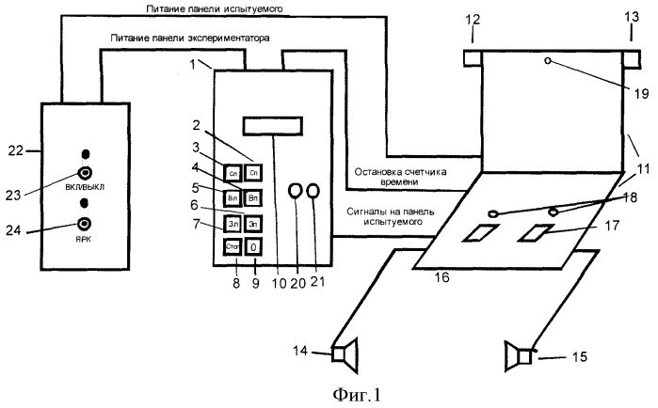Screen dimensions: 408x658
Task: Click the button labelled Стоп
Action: [232, 247]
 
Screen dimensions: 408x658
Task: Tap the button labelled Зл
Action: [232, 224]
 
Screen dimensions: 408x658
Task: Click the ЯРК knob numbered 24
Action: [86, 223]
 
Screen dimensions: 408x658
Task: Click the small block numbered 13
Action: [634, 58]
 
